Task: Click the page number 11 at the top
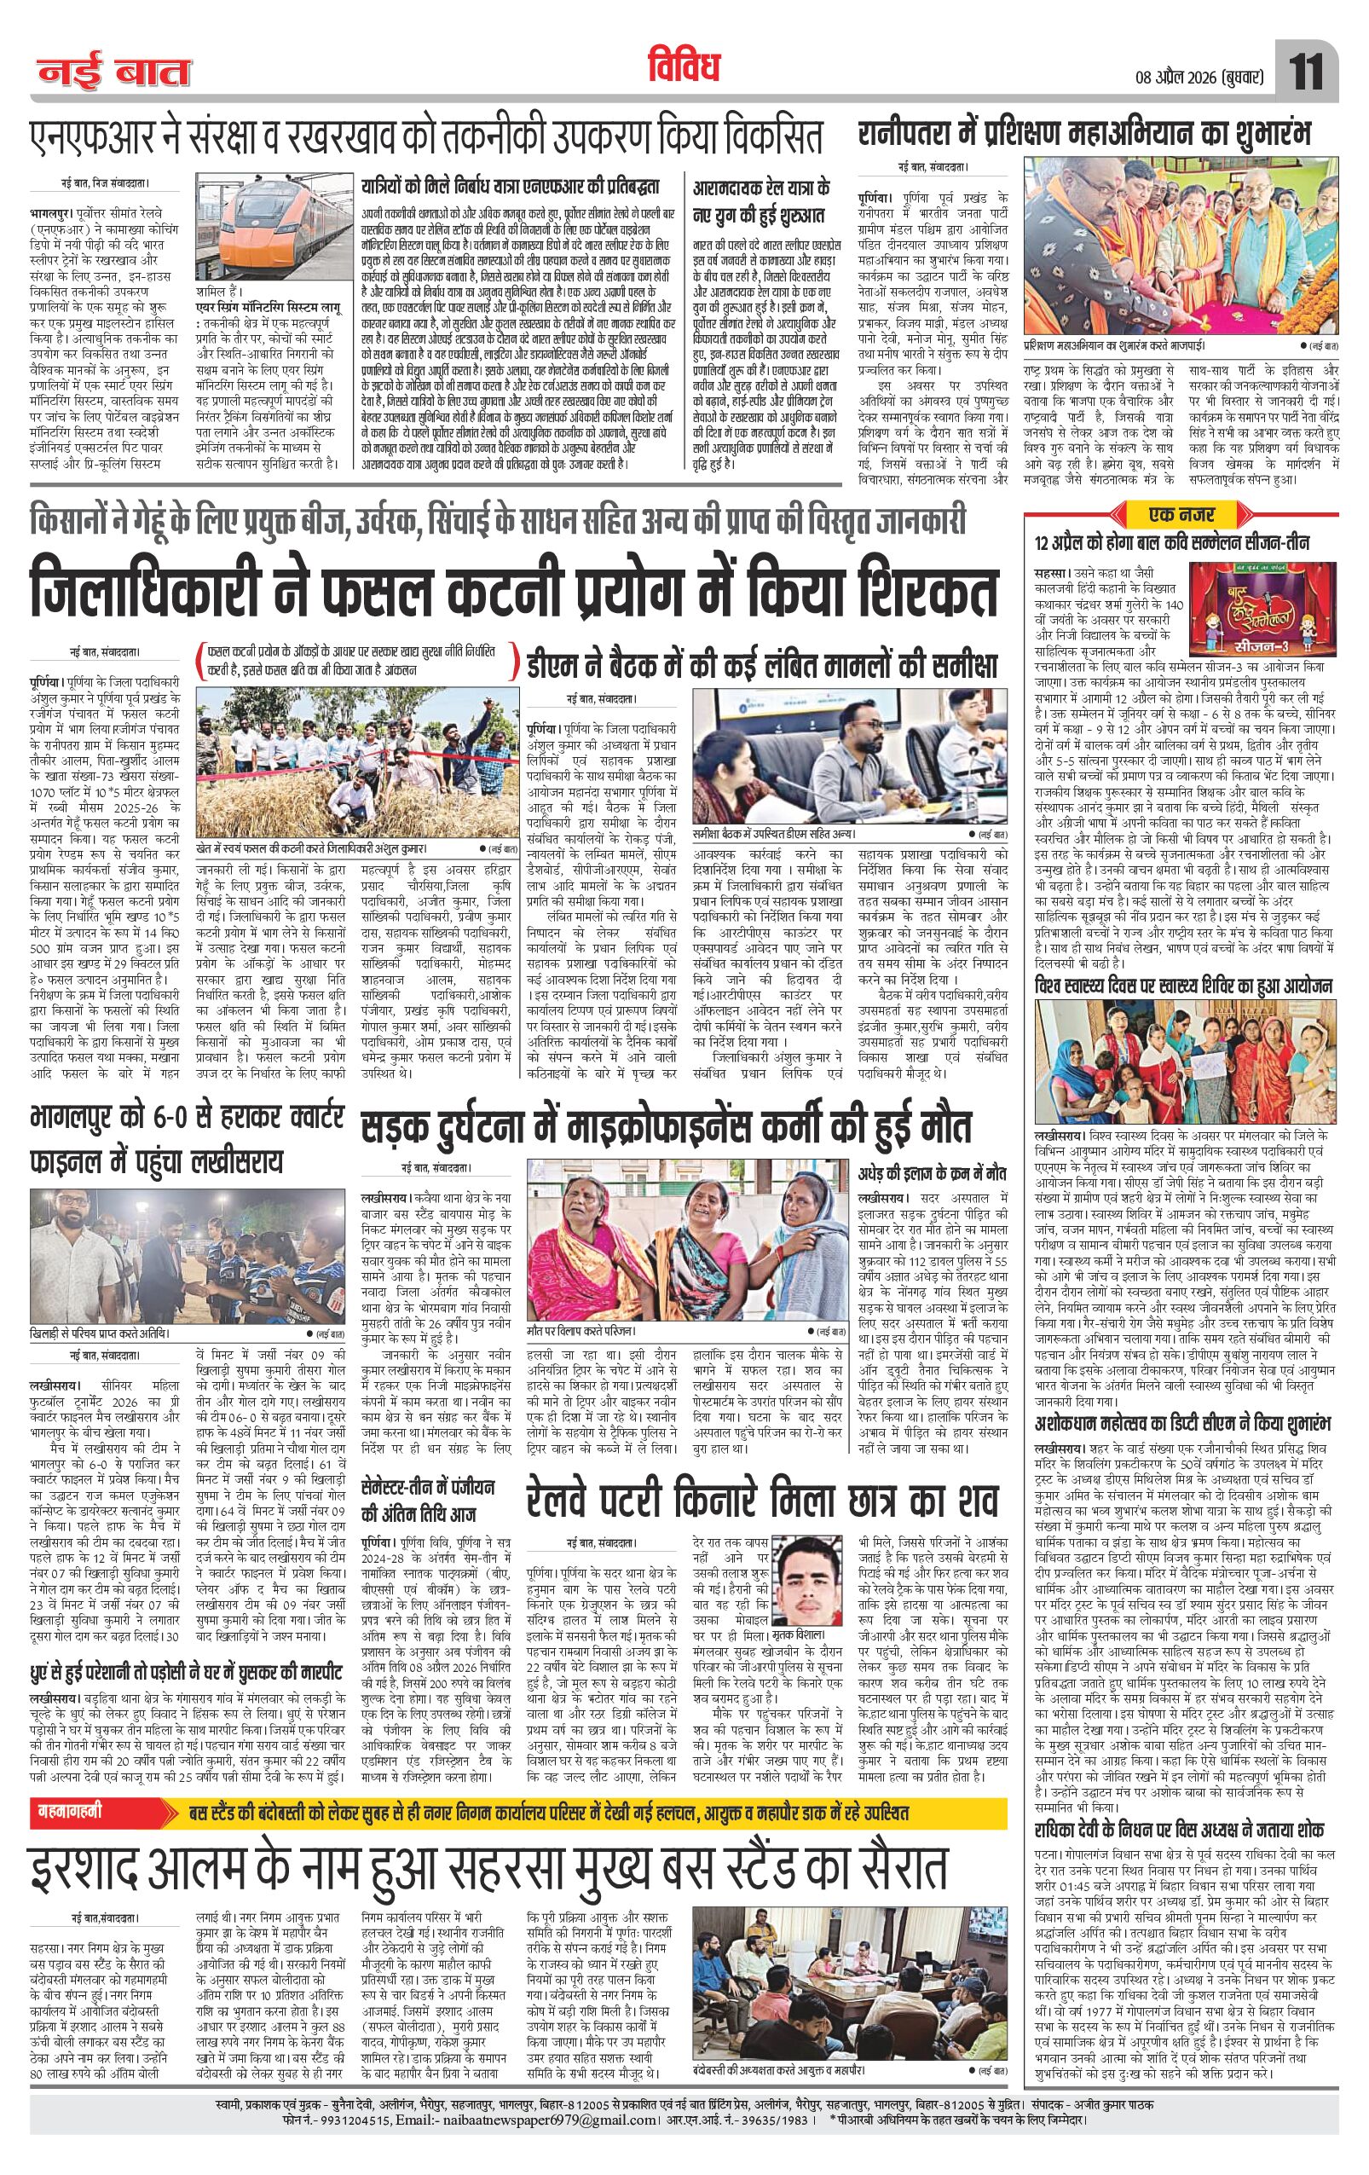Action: (1308, 72)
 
